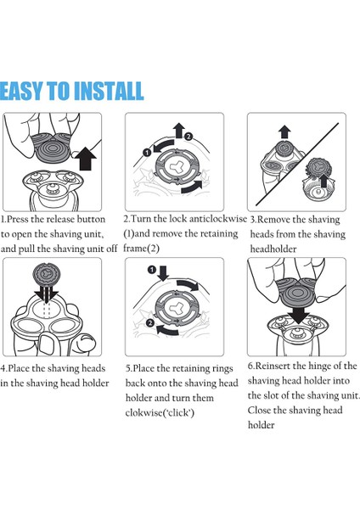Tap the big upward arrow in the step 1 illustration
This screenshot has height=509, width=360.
pyautogui.click(x=86, y=159)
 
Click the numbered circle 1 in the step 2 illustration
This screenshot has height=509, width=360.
pyautogui.click(x=147, y=152)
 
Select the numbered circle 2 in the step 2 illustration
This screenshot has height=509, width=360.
pyautogui.click(x=188, y=137)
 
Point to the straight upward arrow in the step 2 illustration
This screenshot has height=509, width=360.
pyautogui.click(x=178, y=131)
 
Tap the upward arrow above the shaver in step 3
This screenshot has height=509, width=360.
pyautogui.click(x=284, y=132)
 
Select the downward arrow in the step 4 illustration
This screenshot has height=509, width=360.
pyautogui.click(x=47, y=295)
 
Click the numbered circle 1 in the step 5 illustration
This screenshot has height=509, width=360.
pyautogui.click(x=151, y=270)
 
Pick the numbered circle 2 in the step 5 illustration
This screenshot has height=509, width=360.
pyautogui.click(x=149, y=322)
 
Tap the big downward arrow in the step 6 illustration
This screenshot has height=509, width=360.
pyautogui.click(x=299, y=314)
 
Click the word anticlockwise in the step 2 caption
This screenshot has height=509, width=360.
pyautogui.click(x=218, y=219)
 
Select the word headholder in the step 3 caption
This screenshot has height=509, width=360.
pyautogui.click(x=273, y=249)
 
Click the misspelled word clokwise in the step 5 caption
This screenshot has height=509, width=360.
pyautogui.click(x=145, y=412)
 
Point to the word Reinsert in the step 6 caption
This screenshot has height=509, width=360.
pyautogui.click(x=273, y=366)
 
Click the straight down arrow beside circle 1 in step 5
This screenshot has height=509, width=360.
pyautogui.click(x=163, y=273)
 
